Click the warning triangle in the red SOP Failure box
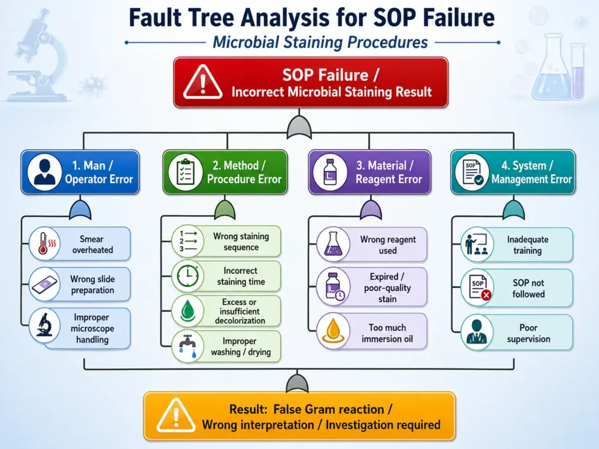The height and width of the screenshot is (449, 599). pyautogui.click(x=202, y=82)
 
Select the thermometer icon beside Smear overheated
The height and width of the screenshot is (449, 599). pyautogui.click(x=44, y=244)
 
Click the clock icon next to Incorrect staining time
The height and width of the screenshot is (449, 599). pyautogui.click(x=187, y=276)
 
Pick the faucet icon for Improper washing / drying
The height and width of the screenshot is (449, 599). pyautogui.click(x=188, y=346)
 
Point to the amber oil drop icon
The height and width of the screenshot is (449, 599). pyautogui.click(x=333, y=331)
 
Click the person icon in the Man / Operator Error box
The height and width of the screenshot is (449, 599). pyautogui.click(x=44, y=172)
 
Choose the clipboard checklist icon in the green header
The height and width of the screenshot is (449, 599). pyautogui.click(x=185, y=172)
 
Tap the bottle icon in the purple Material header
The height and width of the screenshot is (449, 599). pyautogui.click(x=330, y=172)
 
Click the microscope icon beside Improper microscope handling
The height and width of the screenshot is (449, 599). pyautogui.click(x=44, y=325)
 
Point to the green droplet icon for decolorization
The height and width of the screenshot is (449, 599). pyautogui.click(x=187, y=311)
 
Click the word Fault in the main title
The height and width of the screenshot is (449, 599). pyautogui.click(x=154, y=18)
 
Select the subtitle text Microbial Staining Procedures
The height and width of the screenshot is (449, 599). pyautogui.click(x=320, y=42)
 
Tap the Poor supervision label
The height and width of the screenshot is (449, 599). pyautogui.click(x=528, y=333)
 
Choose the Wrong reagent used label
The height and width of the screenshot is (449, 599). pyautogui.click(x=388, y=245)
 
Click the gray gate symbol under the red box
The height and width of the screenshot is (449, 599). pyautogui.click(x=299, y=126)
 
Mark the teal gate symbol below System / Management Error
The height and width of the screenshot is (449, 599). pyautogui.click(x=514, y=210)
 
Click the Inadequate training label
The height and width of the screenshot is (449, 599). pyautogui.click(x=528, y=245)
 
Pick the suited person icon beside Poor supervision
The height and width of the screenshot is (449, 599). pyautogui.click(x=477, y=332)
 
